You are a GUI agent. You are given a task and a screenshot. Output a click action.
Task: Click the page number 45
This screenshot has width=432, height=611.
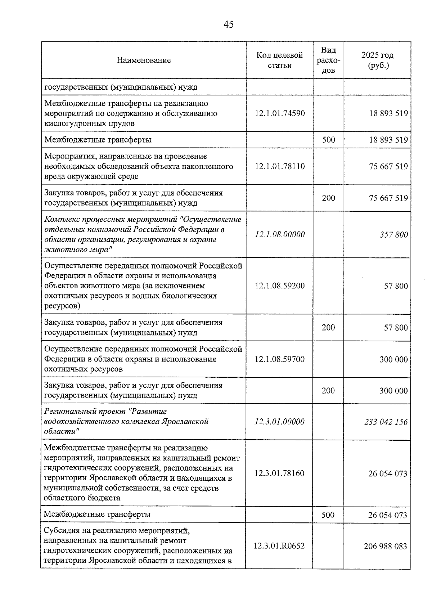point(228,24)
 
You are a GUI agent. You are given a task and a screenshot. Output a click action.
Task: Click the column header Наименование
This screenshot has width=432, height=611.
point(144,60)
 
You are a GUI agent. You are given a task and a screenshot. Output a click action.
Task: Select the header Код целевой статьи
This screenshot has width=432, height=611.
point(279,60)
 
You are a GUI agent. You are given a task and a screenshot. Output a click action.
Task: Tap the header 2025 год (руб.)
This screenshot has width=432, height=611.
point(377,60)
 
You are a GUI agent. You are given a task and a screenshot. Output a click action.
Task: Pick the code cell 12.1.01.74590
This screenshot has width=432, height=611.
point(280,113)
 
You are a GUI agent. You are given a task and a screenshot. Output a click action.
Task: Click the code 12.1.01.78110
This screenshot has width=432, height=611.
point(280,166)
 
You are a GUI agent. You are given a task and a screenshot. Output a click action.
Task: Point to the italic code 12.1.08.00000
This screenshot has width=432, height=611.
point(280,234)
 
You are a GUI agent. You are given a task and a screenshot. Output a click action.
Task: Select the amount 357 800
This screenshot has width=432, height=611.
point(393,235)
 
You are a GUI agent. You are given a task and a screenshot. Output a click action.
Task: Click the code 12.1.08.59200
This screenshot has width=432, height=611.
point(280,286)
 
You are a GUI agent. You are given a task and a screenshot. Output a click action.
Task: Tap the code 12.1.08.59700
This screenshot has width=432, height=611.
point(280,359)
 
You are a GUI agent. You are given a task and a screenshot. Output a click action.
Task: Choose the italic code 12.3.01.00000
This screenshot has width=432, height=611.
point(279,422)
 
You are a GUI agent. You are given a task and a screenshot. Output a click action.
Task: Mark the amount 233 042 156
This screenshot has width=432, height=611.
point(386,422)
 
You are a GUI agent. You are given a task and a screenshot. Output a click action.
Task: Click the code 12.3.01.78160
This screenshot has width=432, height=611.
point(279,473)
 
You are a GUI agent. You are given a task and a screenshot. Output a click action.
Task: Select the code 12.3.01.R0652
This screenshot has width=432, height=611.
point(279,546)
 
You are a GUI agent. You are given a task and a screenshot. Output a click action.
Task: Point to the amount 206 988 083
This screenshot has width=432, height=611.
point(385,546)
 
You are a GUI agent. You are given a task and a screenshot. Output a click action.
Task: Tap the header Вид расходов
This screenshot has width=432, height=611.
point(328,60)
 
